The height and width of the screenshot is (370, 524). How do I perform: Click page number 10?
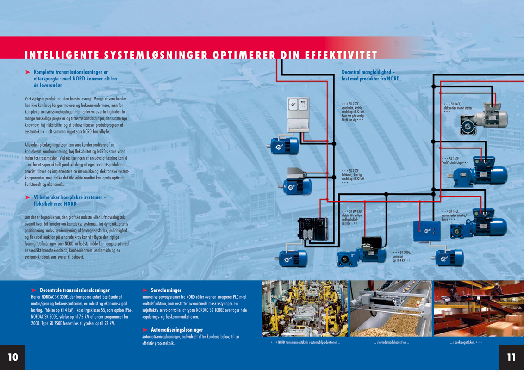[12, 357]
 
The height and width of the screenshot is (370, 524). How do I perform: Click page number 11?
[511, 357]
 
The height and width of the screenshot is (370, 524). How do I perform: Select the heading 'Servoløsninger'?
[166, 290]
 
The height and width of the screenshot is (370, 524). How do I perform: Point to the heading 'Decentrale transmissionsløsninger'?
[75, 290]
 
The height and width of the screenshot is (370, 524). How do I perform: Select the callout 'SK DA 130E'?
[352, 217]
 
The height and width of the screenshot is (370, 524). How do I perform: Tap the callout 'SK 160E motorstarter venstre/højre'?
[458, 215]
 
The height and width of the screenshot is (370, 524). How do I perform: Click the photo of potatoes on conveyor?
[391, 308]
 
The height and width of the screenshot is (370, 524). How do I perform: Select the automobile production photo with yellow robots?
[305, 308]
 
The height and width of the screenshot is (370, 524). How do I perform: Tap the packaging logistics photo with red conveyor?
[478, 308]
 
